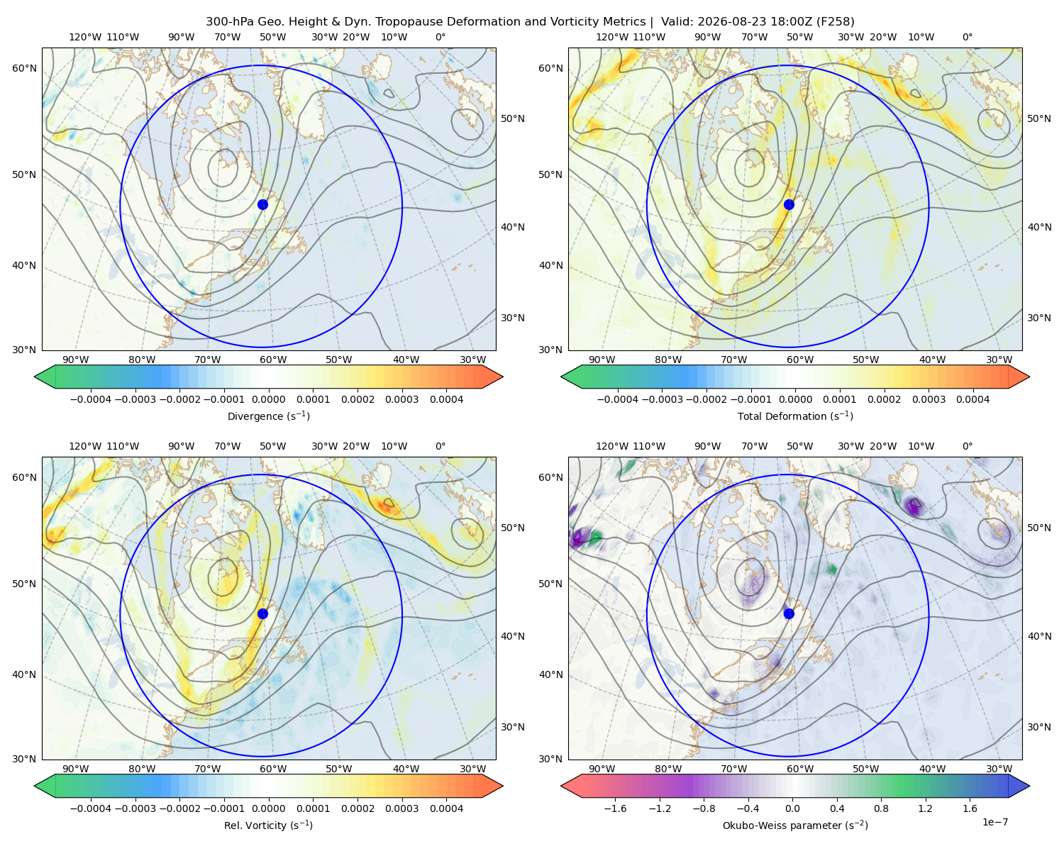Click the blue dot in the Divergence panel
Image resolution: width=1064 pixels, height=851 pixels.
pos(262,204)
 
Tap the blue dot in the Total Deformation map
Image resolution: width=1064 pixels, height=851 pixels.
pos(789,204)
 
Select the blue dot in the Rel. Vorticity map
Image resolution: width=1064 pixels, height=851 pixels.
pos(262,613)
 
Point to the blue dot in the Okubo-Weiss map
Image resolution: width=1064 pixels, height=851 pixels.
pos(789,613)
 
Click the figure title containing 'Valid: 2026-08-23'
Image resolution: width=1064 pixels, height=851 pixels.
pos(530,21)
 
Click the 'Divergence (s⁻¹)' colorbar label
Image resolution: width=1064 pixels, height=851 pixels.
pos(268,416)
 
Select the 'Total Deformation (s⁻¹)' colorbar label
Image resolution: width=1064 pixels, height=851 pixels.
pos(795,416)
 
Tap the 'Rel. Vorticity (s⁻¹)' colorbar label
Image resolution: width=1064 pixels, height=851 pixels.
pos(268,825)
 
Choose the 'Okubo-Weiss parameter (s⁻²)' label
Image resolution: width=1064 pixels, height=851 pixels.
pos(795,825)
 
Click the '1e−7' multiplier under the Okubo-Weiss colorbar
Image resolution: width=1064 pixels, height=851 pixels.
pos(994,822)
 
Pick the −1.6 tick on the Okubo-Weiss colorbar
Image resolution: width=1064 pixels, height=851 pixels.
pos(615,808)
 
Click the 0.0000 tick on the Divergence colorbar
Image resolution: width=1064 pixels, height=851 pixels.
pos(268,399)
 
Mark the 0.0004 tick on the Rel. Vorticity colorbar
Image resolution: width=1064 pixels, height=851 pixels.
pos(446,808)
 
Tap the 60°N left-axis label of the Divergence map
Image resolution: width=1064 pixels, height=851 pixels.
pos(24,68)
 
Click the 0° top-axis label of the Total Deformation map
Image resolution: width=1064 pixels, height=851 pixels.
pos(967,37)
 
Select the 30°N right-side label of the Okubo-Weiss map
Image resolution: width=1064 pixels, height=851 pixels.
pos(1039,726)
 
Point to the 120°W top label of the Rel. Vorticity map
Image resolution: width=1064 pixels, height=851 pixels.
pos(85,445)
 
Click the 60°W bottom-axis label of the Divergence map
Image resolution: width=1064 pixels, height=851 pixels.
pos(273,360)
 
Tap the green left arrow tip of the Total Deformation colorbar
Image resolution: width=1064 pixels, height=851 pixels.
pos(561,377)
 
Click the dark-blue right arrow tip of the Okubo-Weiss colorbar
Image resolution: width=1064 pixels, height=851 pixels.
pos(1029,786)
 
